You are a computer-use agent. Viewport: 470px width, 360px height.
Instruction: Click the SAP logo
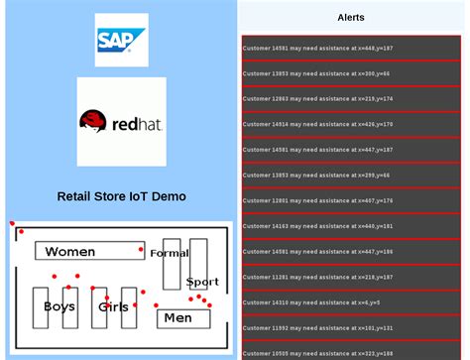[121, 40]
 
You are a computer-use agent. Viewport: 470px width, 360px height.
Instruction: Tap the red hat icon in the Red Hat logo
[94, 121]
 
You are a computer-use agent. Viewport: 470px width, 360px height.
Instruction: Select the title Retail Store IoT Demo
[121, 196]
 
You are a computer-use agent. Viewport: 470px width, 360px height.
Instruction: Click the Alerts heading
[351, 18]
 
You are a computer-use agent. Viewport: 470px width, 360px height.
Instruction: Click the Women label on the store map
[70, 252]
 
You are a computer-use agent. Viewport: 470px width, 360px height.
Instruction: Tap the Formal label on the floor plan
[169, 254]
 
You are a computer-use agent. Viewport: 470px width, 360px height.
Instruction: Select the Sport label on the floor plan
[202, 282]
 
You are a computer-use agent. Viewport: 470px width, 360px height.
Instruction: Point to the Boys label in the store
[59, 306]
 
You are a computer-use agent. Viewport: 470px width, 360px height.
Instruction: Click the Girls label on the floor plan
[113, 307]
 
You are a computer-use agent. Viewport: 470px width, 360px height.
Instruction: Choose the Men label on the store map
[177, 318]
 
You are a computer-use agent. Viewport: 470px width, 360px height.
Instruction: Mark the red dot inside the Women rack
[141, 249]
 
